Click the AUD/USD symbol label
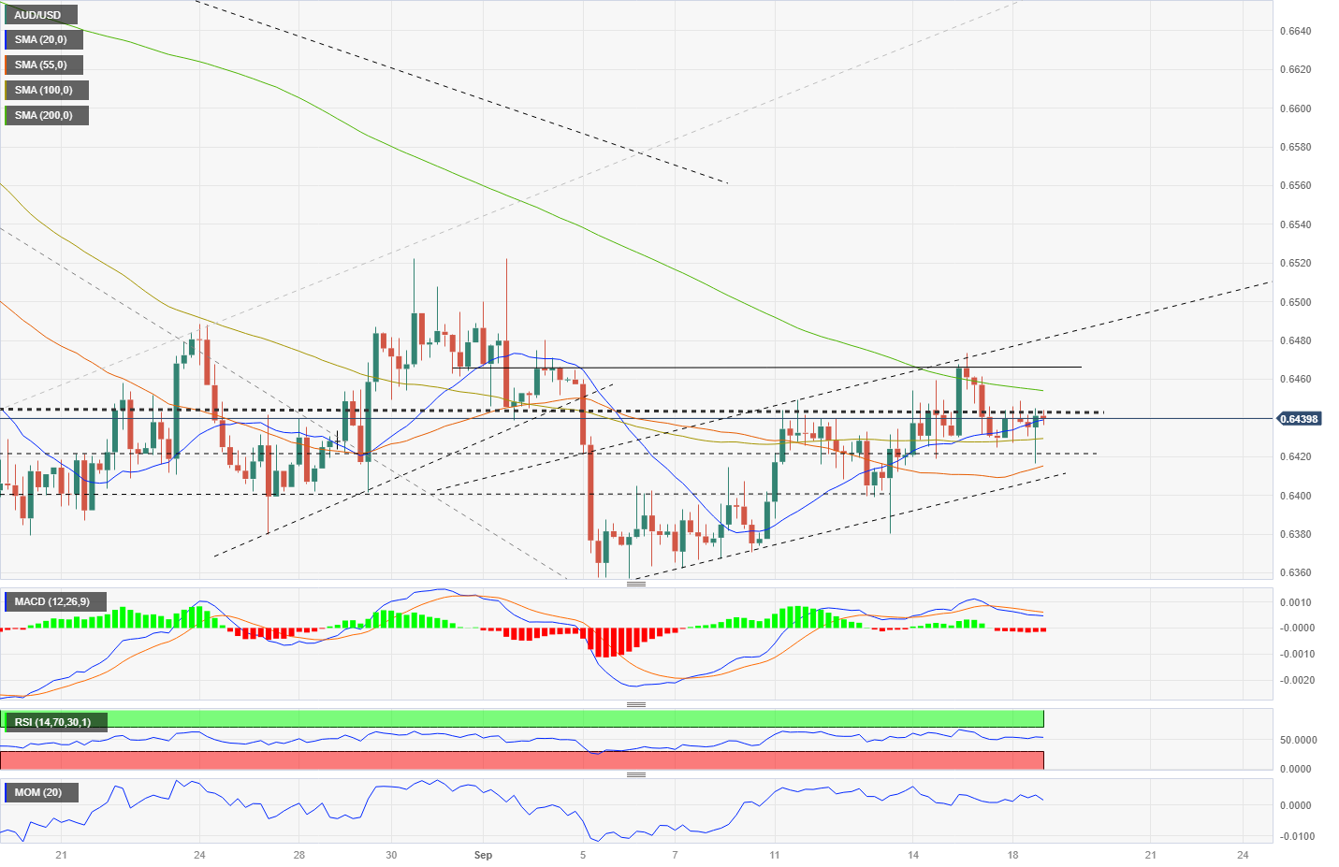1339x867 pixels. [37, 15]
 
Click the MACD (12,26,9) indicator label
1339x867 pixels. [52, 601]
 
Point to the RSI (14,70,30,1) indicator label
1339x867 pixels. [53, 722]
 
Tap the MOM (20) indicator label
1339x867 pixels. [38, 792]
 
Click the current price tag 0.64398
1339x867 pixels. [1299, 419]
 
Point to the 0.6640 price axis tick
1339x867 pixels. [1295, 31]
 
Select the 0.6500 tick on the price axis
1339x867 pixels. [1295, 302]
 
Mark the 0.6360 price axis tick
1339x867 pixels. [1295, 573]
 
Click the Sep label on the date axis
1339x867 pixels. [483, 855]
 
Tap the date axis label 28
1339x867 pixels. [299, 855]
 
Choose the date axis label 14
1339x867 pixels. [913, 855]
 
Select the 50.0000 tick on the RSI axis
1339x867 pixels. [1298, 740]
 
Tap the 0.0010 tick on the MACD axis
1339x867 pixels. [1295, 602]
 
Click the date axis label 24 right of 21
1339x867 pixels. [1243, 855]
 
